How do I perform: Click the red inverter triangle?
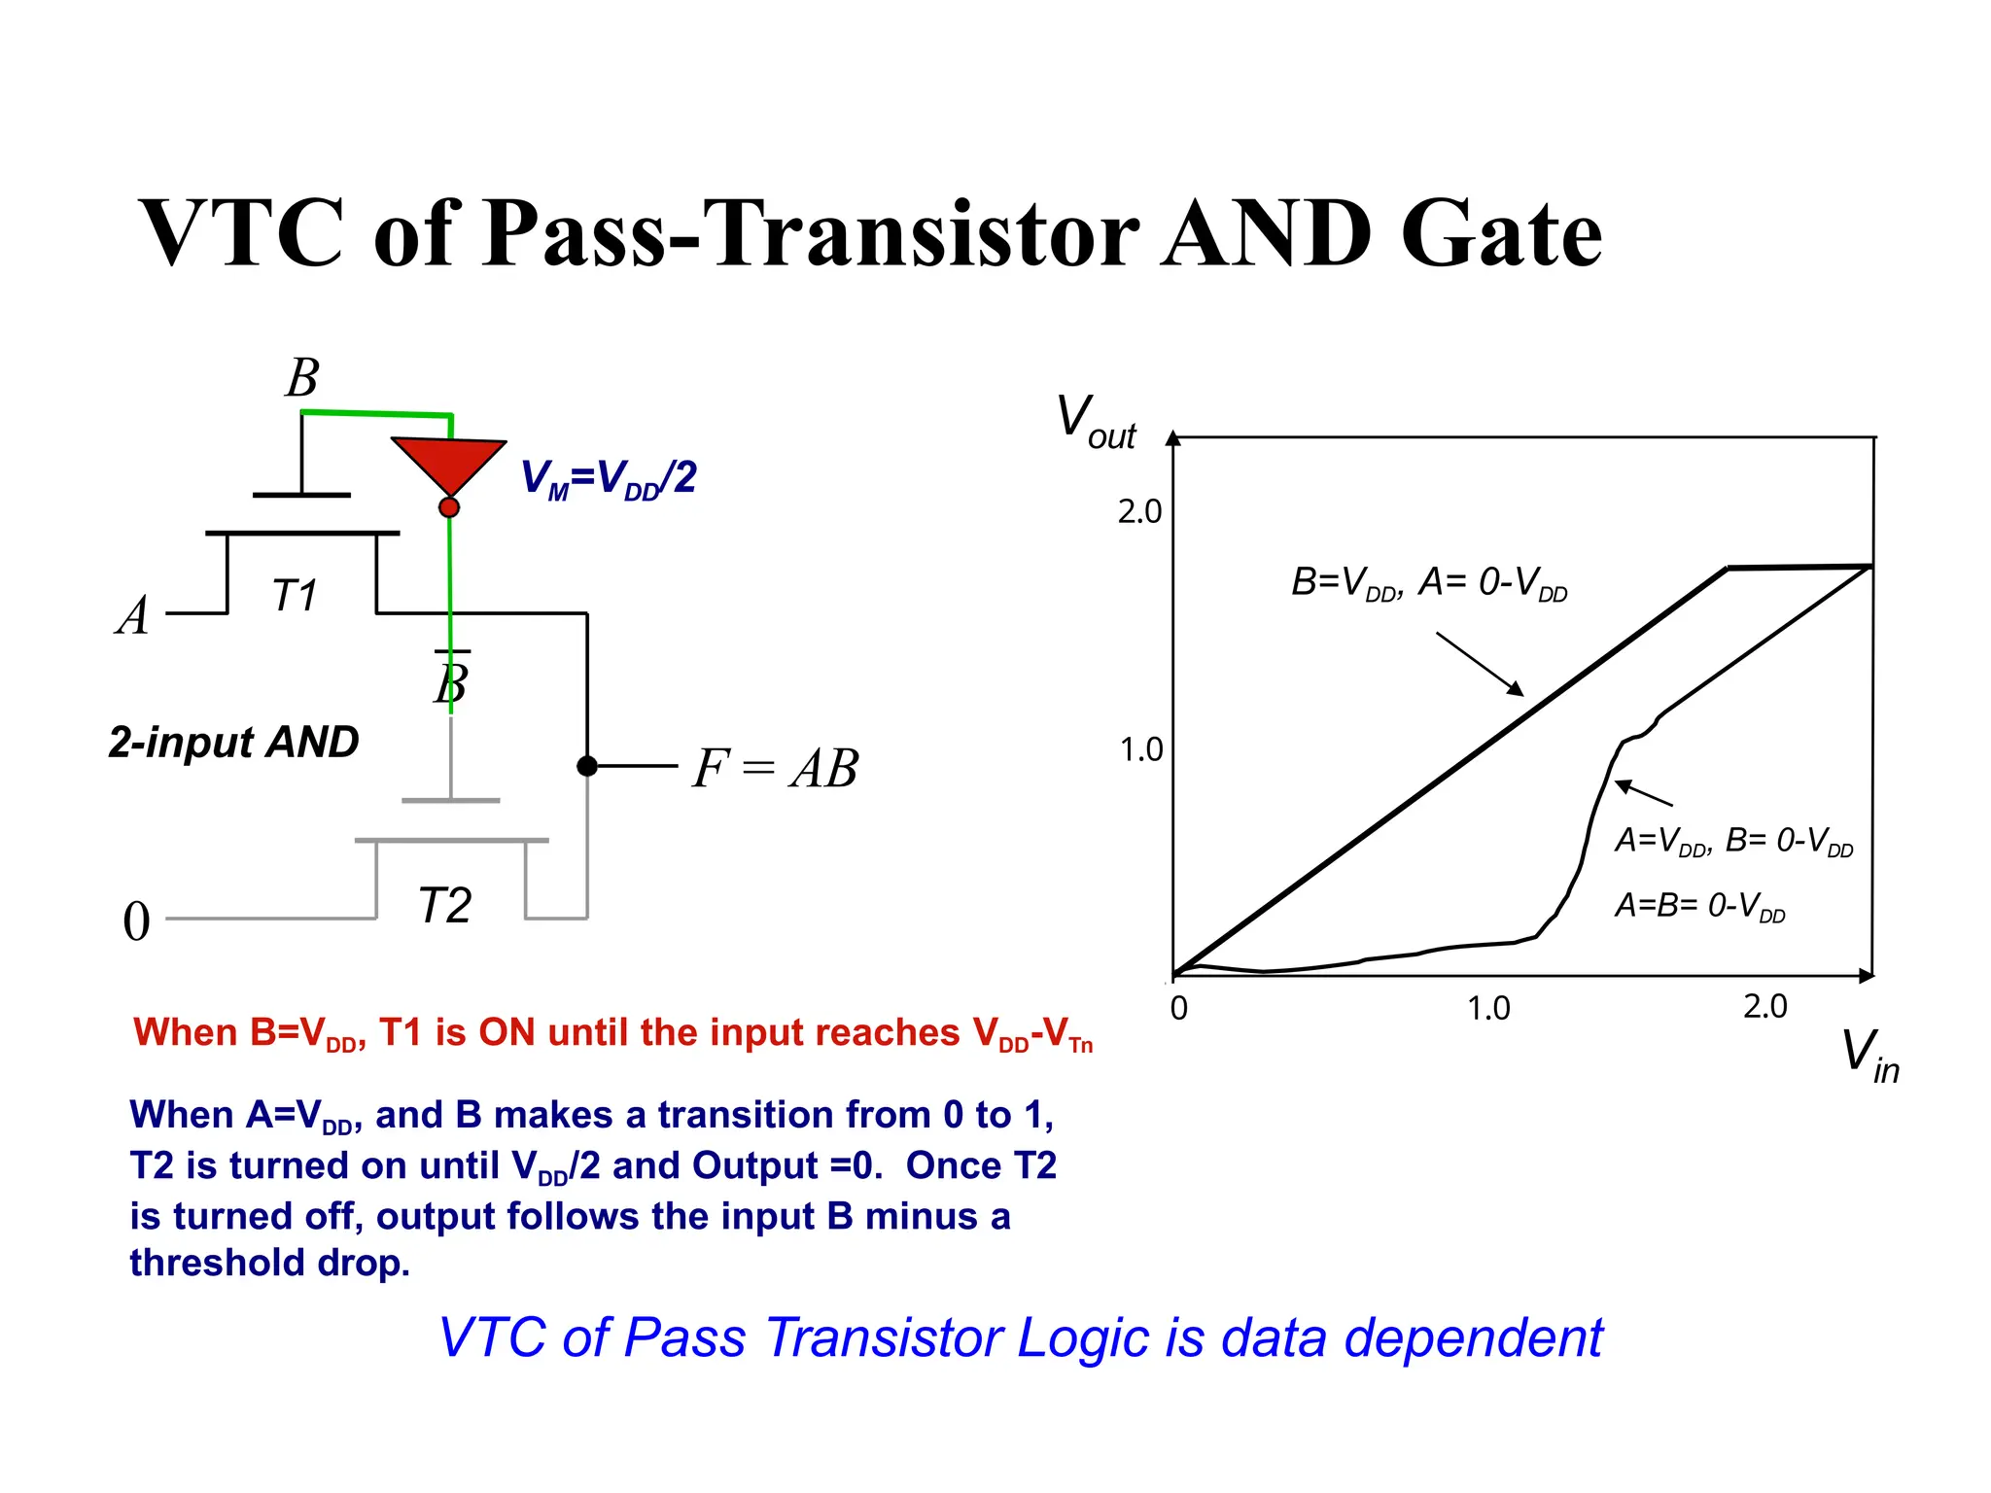pos(448,462)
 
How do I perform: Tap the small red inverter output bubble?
pos(449,507)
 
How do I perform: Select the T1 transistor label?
pos(295,596)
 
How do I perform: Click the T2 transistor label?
pos(444,906)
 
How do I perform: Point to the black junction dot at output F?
pos(587,766)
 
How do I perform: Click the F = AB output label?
pos(775,768)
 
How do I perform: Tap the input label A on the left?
pos(133,616)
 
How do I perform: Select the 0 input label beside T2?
pos(137,921)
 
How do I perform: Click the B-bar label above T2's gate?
pos(452,679)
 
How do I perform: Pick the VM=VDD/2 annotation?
pos(609,478)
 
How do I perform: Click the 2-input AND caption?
pos(233,743)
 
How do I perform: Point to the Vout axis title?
pos(1096,422)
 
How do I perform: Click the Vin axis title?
pos(1869,1056)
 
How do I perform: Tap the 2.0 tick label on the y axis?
pos(1139,511)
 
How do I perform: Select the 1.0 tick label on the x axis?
pos(1487,1009)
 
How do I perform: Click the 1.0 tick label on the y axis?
pos(1140,750)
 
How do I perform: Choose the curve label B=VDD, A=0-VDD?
pos(1428,583)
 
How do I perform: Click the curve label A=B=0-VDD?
pos(1699,907)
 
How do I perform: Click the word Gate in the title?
pos(1501,233)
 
